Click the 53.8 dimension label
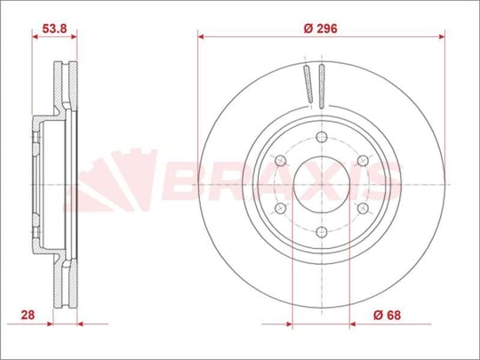pyautogui.click(x=54, y=28)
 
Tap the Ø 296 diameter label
pyautogui.click(x=320, y=28)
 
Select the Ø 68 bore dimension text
pyautogui.click(x=387, y=315)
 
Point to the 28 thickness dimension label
pyautogui.click(x=28, y=315)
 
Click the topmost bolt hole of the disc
pyautogui.click(x=322, y=137)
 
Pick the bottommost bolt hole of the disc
pyautogui.click(x=322, y=232)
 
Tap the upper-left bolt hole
pyautogui.click(x=280, y=161)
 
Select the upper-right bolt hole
pyautogui.click(x=363, y=160)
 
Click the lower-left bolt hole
pyautogui.click(x=280, y=208)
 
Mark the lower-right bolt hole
pyautogui.click(x=363, y=208)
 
